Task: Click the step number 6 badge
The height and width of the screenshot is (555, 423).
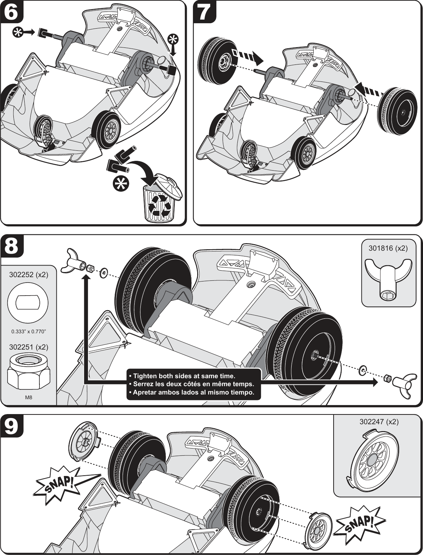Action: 11,12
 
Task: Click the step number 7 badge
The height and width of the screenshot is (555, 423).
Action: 204,12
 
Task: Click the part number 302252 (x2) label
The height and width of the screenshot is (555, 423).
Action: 28,275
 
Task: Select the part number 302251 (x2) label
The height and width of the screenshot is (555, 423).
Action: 28,347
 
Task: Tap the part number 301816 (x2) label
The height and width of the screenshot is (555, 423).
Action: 388,248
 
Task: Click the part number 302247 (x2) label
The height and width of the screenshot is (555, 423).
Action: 379,422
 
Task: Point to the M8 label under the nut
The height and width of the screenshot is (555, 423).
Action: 28,398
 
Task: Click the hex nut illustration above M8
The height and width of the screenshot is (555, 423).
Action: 28,373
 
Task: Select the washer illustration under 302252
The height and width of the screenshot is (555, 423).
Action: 28,302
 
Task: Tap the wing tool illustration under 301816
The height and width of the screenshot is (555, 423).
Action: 388,280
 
